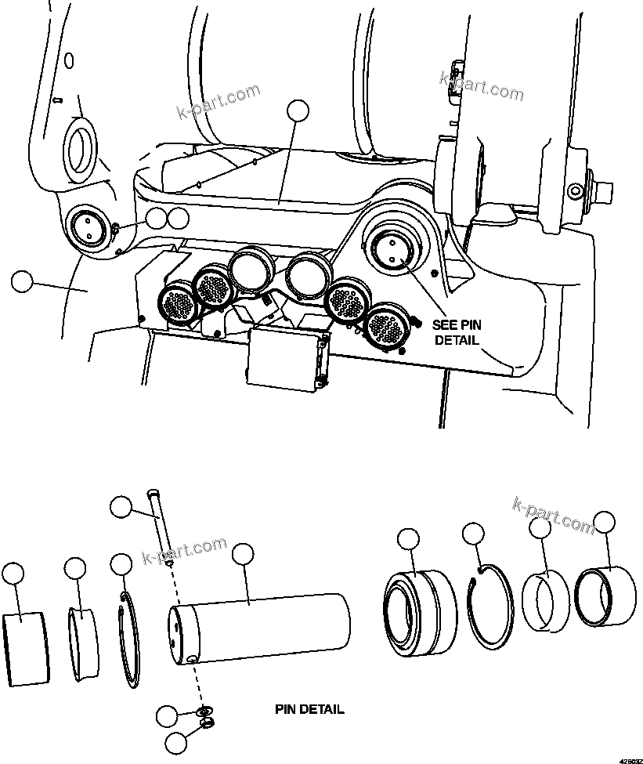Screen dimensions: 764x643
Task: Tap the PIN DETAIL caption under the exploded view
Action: (x=309, y=710)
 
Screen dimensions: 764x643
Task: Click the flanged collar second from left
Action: (x=83, y=635)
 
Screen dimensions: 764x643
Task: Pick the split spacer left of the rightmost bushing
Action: (x=547, y=602)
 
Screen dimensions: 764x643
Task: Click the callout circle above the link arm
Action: (x=298, y=112)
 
